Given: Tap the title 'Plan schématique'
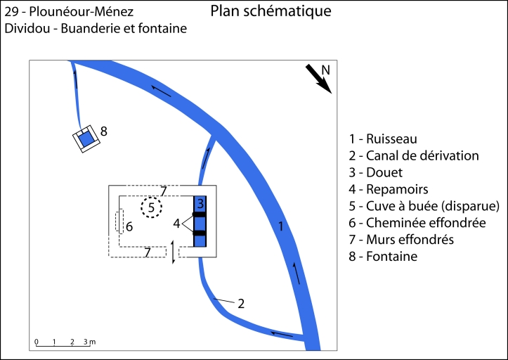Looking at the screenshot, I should [271, 12].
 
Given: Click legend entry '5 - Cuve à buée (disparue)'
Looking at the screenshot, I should [423, 206].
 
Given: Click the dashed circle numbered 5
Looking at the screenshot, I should [151, 207].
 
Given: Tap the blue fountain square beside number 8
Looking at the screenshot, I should [86, 139].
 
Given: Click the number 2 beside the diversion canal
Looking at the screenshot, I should [241, 304].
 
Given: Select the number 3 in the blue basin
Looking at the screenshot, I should [200, 204].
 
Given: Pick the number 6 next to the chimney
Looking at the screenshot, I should [129, 226].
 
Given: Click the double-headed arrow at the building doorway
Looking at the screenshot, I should [173, 252].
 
